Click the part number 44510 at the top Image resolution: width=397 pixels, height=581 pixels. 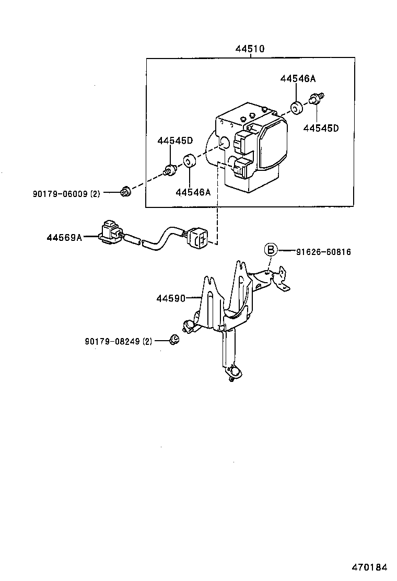250,49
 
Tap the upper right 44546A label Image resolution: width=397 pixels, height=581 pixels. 298,79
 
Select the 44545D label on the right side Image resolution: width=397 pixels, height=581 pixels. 321,127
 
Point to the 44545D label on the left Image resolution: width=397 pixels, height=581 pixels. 175,141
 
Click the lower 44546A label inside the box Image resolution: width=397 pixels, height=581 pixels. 193,192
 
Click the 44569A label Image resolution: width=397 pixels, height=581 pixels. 64,238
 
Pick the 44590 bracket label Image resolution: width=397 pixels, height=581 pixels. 170,298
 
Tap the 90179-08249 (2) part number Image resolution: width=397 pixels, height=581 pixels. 118,341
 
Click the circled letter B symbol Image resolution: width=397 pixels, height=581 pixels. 270,250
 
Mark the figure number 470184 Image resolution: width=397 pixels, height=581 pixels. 369,566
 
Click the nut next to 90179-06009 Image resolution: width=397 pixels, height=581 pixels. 125,192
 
